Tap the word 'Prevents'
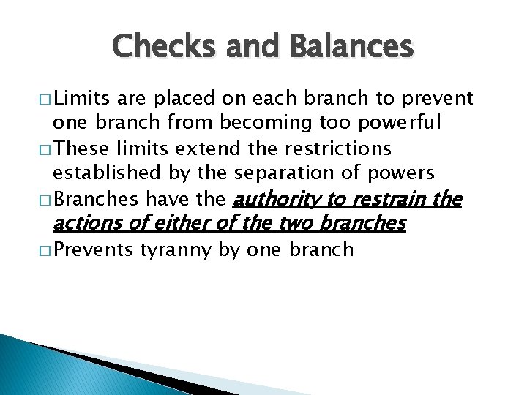pyautogui.click(x=94, y=250)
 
